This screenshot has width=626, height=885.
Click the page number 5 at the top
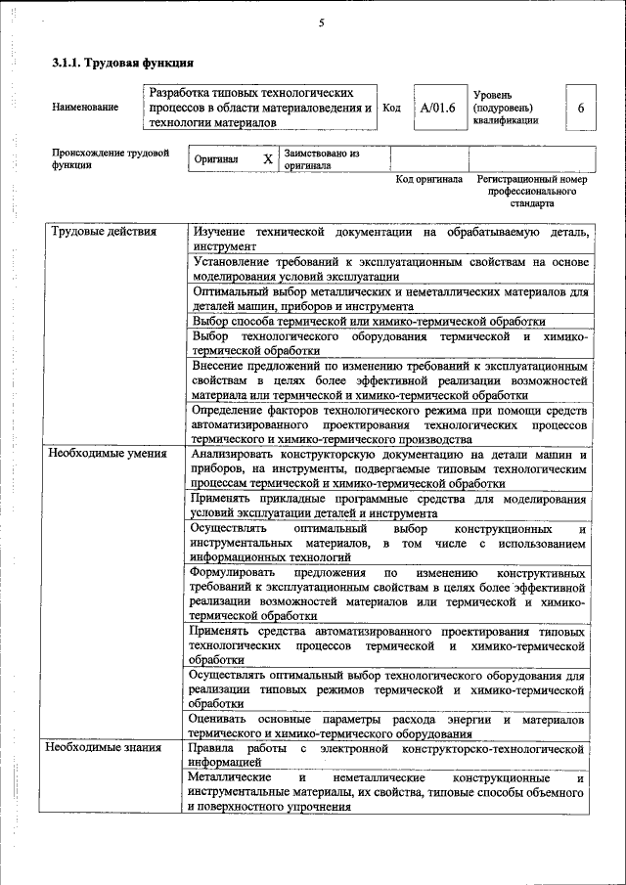[320, 23]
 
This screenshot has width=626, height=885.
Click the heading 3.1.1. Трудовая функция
[121, 65]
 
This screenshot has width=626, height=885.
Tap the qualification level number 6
[580, 108]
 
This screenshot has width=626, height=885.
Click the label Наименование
[85, 108]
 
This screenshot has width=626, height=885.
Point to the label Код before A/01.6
[391, 108]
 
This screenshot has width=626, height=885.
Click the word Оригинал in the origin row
[216, 159]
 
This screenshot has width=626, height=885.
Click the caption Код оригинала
[428, 180]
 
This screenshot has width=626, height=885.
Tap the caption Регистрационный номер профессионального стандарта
[532, 192]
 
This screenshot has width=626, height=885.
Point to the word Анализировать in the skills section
[238, 454]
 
